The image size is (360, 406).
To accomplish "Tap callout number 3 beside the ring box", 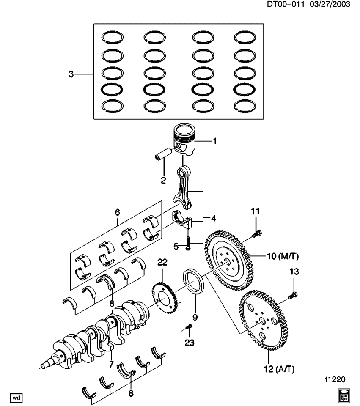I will tap(71, 74).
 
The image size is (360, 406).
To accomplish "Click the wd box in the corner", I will tap(16, 398).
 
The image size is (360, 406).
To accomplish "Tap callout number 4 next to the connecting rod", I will tap(214, 219).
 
